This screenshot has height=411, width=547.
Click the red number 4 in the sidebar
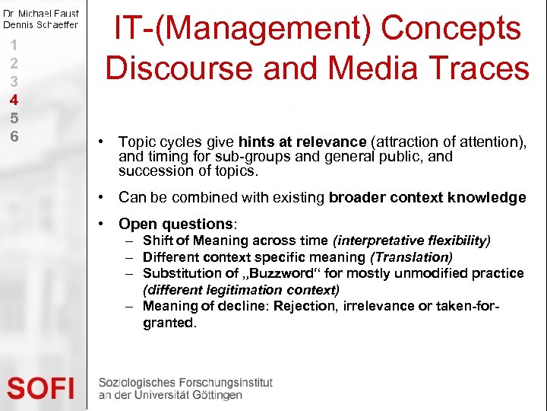tap(14, 99)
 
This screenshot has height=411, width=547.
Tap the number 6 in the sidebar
tap(14, 136)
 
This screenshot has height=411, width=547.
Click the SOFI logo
tap(41, 389)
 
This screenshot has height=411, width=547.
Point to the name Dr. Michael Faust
tap(41, 14)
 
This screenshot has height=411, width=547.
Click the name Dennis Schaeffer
tap(41, 24)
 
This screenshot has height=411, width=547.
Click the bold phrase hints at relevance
tap(302, 142)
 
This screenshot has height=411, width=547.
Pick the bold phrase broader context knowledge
tap(427, 198)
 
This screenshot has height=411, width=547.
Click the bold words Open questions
tap(176, 224)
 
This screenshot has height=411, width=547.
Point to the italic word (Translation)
tap(411, 257)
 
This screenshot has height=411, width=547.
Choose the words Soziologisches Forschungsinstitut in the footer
tap(185, 383)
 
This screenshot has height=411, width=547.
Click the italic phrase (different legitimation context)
tap(241, 289)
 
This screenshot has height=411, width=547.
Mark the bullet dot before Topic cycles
tap(101, 142)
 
